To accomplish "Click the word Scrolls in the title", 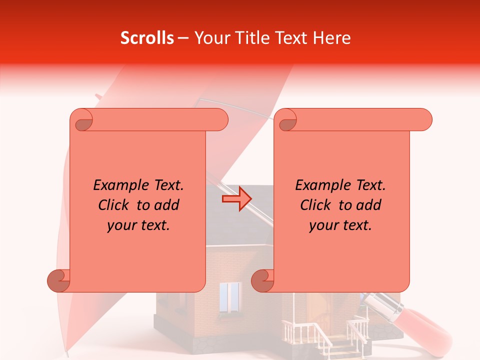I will [x=147, y=38].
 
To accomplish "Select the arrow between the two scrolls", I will [x=236, y=199].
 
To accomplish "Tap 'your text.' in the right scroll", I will [x=340, y=225].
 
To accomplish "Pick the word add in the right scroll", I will [x=369, y=205].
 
